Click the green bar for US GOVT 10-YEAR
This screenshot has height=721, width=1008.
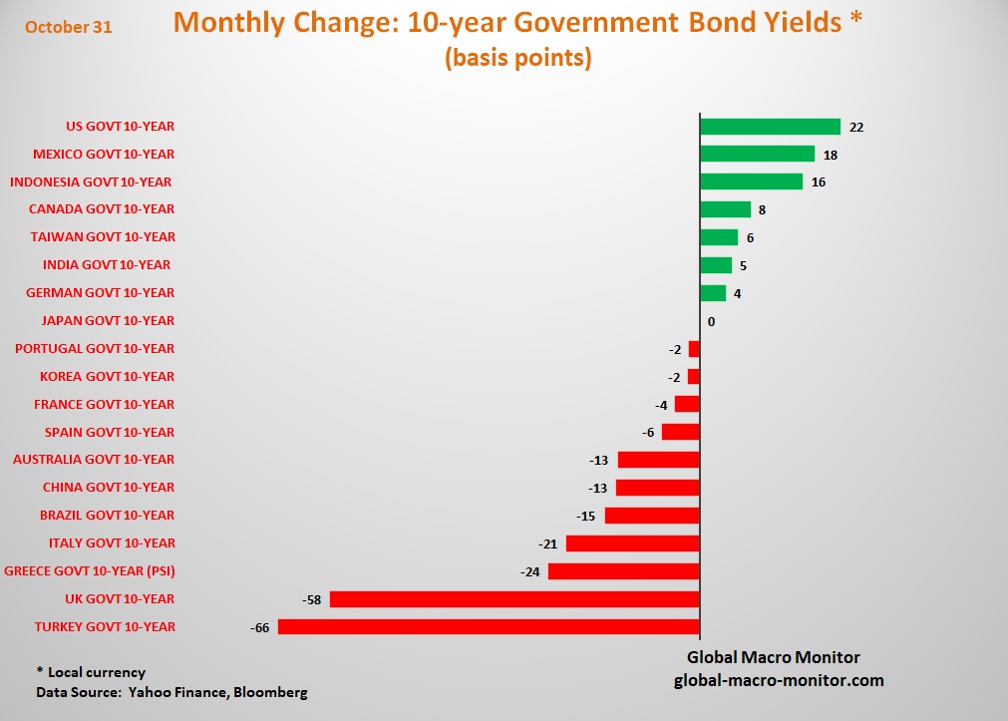pos(770,127)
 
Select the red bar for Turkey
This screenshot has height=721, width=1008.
pos(489,627)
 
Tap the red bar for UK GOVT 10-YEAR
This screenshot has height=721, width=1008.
pos(514,599)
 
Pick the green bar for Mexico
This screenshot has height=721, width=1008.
pos(757,154)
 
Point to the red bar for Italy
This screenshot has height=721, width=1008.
pos(632,543)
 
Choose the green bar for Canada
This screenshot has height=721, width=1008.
pos(725,209)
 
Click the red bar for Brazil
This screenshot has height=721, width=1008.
pos(651,516)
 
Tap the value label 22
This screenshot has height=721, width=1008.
pos(856,127)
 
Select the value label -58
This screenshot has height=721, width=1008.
pos(311,599)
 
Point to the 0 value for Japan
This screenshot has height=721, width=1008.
pos(711,321)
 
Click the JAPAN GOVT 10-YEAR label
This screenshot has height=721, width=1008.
pos(108,321)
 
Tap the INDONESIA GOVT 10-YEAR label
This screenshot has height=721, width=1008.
pos(91,181)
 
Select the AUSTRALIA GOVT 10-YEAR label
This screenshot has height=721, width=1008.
pos(94,460)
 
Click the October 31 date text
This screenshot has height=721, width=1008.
pos(69,28)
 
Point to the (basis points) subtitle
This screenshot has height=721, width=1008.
pos(517,58)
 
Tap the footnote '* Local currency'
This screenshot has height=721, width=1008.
pos(91,672)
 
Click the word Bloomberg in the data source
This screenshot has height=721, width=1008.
pos(270,692)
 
